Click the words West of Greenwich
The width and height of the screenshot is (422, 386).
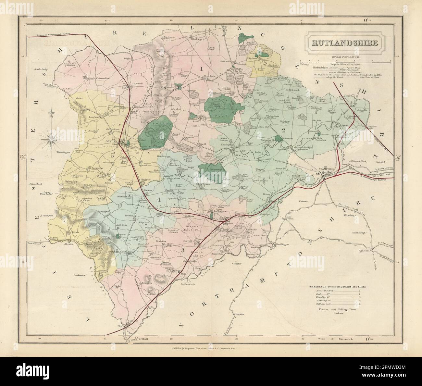tap(343, 339)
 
